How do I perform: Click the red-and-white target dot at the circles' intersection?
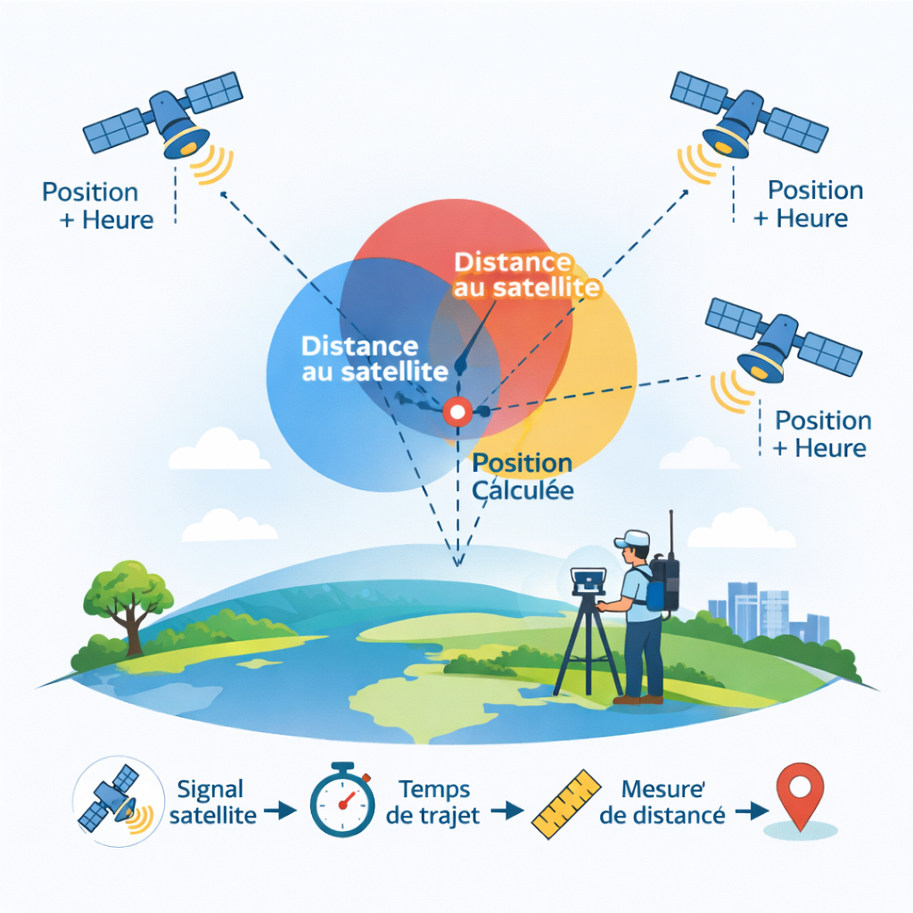point(457,411)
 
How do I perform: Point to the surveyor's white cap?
point(632,539)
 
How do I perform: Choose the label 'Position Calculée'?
point(522,476)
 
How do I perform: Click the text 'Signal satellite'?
point(212,802)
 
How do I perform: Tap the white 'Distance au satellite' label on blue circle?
point(361,358)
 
